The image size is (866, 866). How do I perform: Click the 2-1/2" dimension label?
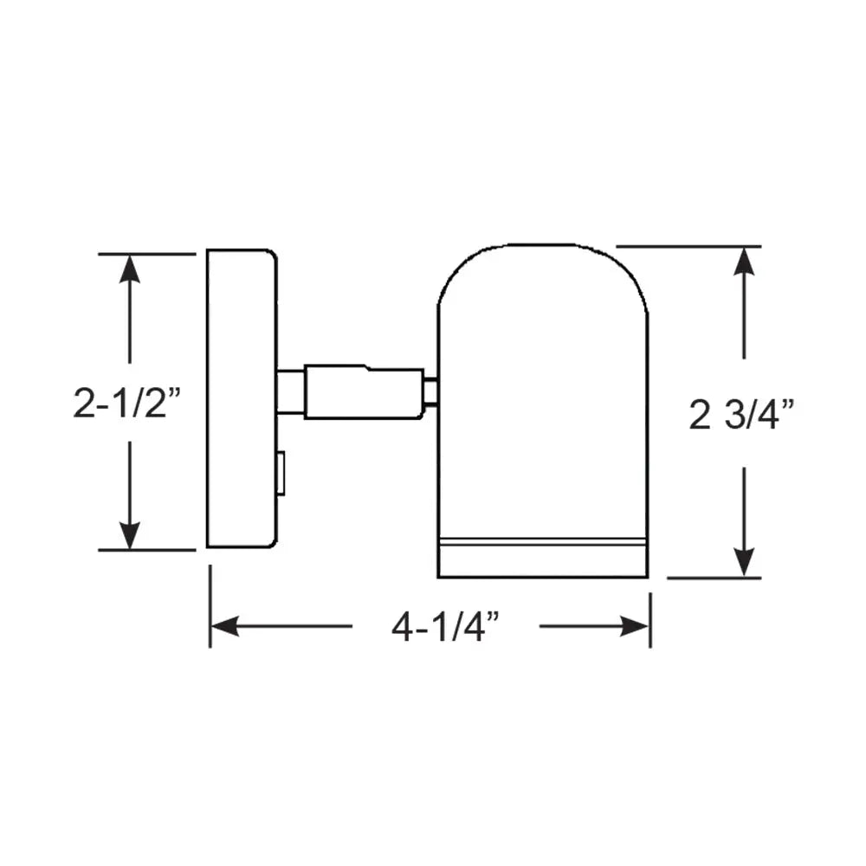(127, 403)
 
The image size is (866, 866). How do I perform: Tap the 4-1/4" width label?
(446, 626)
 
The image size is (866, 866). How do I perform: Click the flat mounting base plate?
(240, 398)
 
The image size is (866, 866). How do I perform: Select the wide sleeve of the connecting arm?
(364, 391)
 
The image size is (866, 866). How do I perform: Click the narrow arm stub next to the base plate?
(290, 391)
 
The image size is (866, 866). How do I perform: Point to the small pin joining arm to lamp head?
(430, 392)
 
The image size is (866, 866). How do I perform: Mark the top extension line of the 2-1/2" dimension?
(147, 254)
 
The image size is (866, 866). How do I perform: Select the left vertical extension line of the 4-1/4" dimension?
(210, 606)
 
